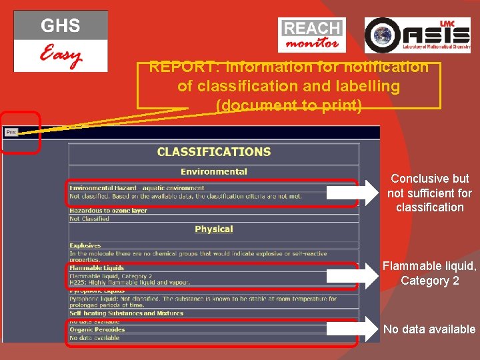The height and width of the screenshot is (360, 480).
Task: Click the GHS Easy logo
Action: click(x=61, y=41)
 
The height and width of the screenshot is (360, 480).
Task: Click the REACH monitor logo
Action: click(x=312, y=35)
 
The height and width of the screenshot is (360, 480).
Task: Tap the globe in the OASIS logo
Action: click(x=381, y=35)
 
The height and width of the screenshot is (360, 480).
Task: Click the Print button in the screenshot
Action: click(x=11, y=132)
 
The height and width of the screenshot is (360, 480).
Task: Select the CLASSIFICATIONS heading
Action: click(x=214, y=152)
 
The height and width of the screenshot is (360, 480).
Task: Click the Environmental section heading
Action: click(x=214, y=171)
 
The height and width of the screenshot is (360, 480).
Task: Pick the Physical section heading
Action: click(x=214, y=229)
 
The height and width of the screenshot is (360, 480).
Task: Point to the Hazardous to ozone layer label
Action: click(x=109, y=211)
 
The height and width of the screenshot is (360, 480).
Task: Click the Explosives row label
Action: click(x=85, y=246)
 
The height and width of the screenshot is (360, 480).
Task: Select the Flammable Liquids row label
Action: click(x=97, y=268)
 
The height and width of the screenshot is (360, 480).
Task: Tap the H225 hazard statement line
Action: click(x=120, y=283)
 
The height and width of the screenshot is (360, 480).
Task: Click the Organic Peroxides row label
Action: click(x=97, y=329)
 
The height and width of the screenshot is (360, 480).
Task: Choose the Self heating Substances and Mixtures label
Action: click(x=126, y=313)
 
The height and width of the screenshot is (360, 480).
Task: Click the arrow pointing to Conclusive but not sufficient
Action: click(x=353, y=193)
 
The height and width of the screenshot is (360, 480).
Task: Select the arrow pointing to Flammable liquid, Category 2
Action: click(x=353, y=273)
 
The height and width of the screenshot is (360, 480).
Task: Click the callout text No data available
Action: click(x=429, y=329)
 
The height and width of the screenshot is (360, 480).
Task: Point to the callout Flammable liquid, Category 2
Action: click(x=429, y=273)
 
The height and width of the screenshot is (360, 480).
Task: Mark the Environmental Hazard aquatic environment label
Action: click(x=137, y=189)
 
